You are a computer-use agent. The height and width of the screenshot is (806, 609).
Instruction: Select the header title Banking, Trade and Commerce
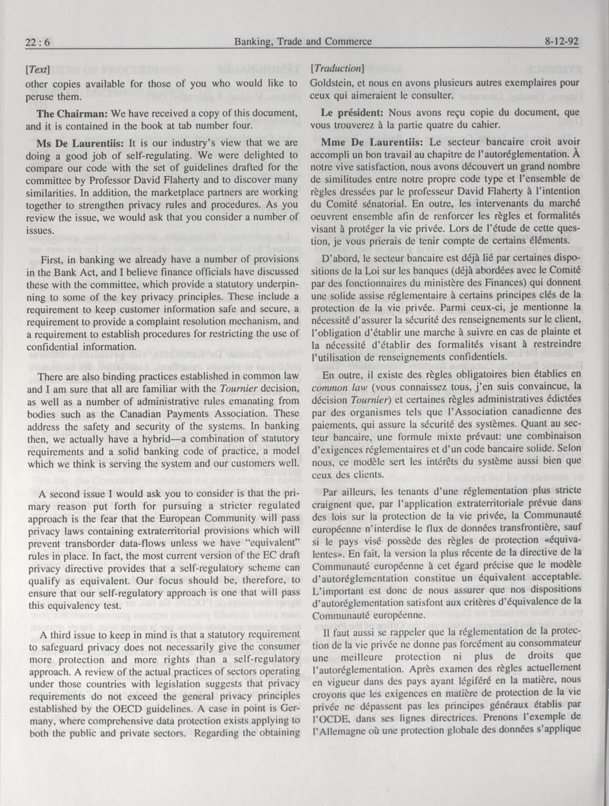click(303, 42)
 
